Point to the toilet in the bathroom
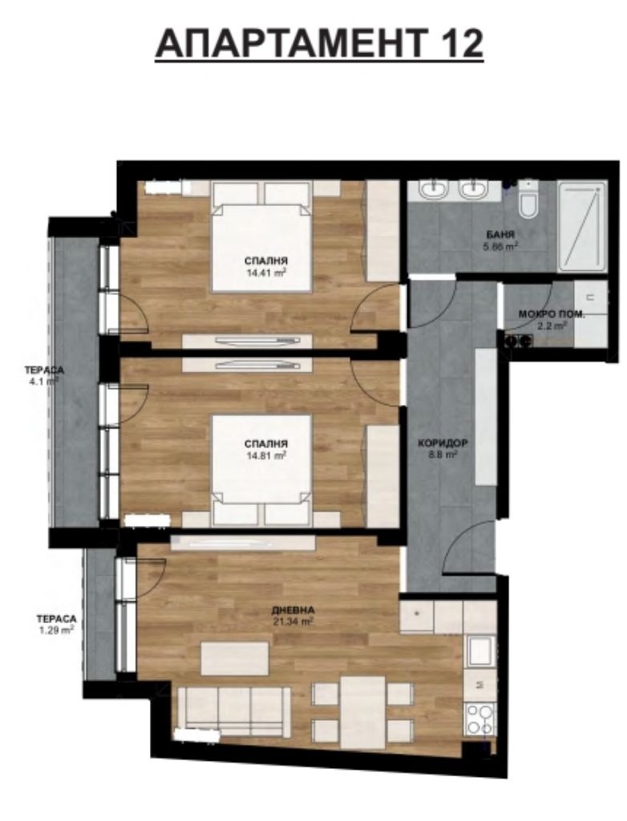point(528,203)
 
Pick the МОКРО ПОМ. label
point(552,314)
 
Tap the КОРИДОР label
point(443,443)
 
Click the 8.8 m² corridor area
point(443,455)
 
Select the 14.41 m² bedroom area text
point(267,272)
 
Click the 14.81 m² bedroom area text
point(267,455)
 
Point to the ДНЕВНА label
point(292,609)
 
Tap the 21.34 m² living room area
point(292,620)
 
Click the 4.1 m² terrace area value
point(42,382)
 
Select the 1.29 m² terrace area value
point(55,630)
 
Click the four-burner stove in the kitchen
point(479,718)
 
